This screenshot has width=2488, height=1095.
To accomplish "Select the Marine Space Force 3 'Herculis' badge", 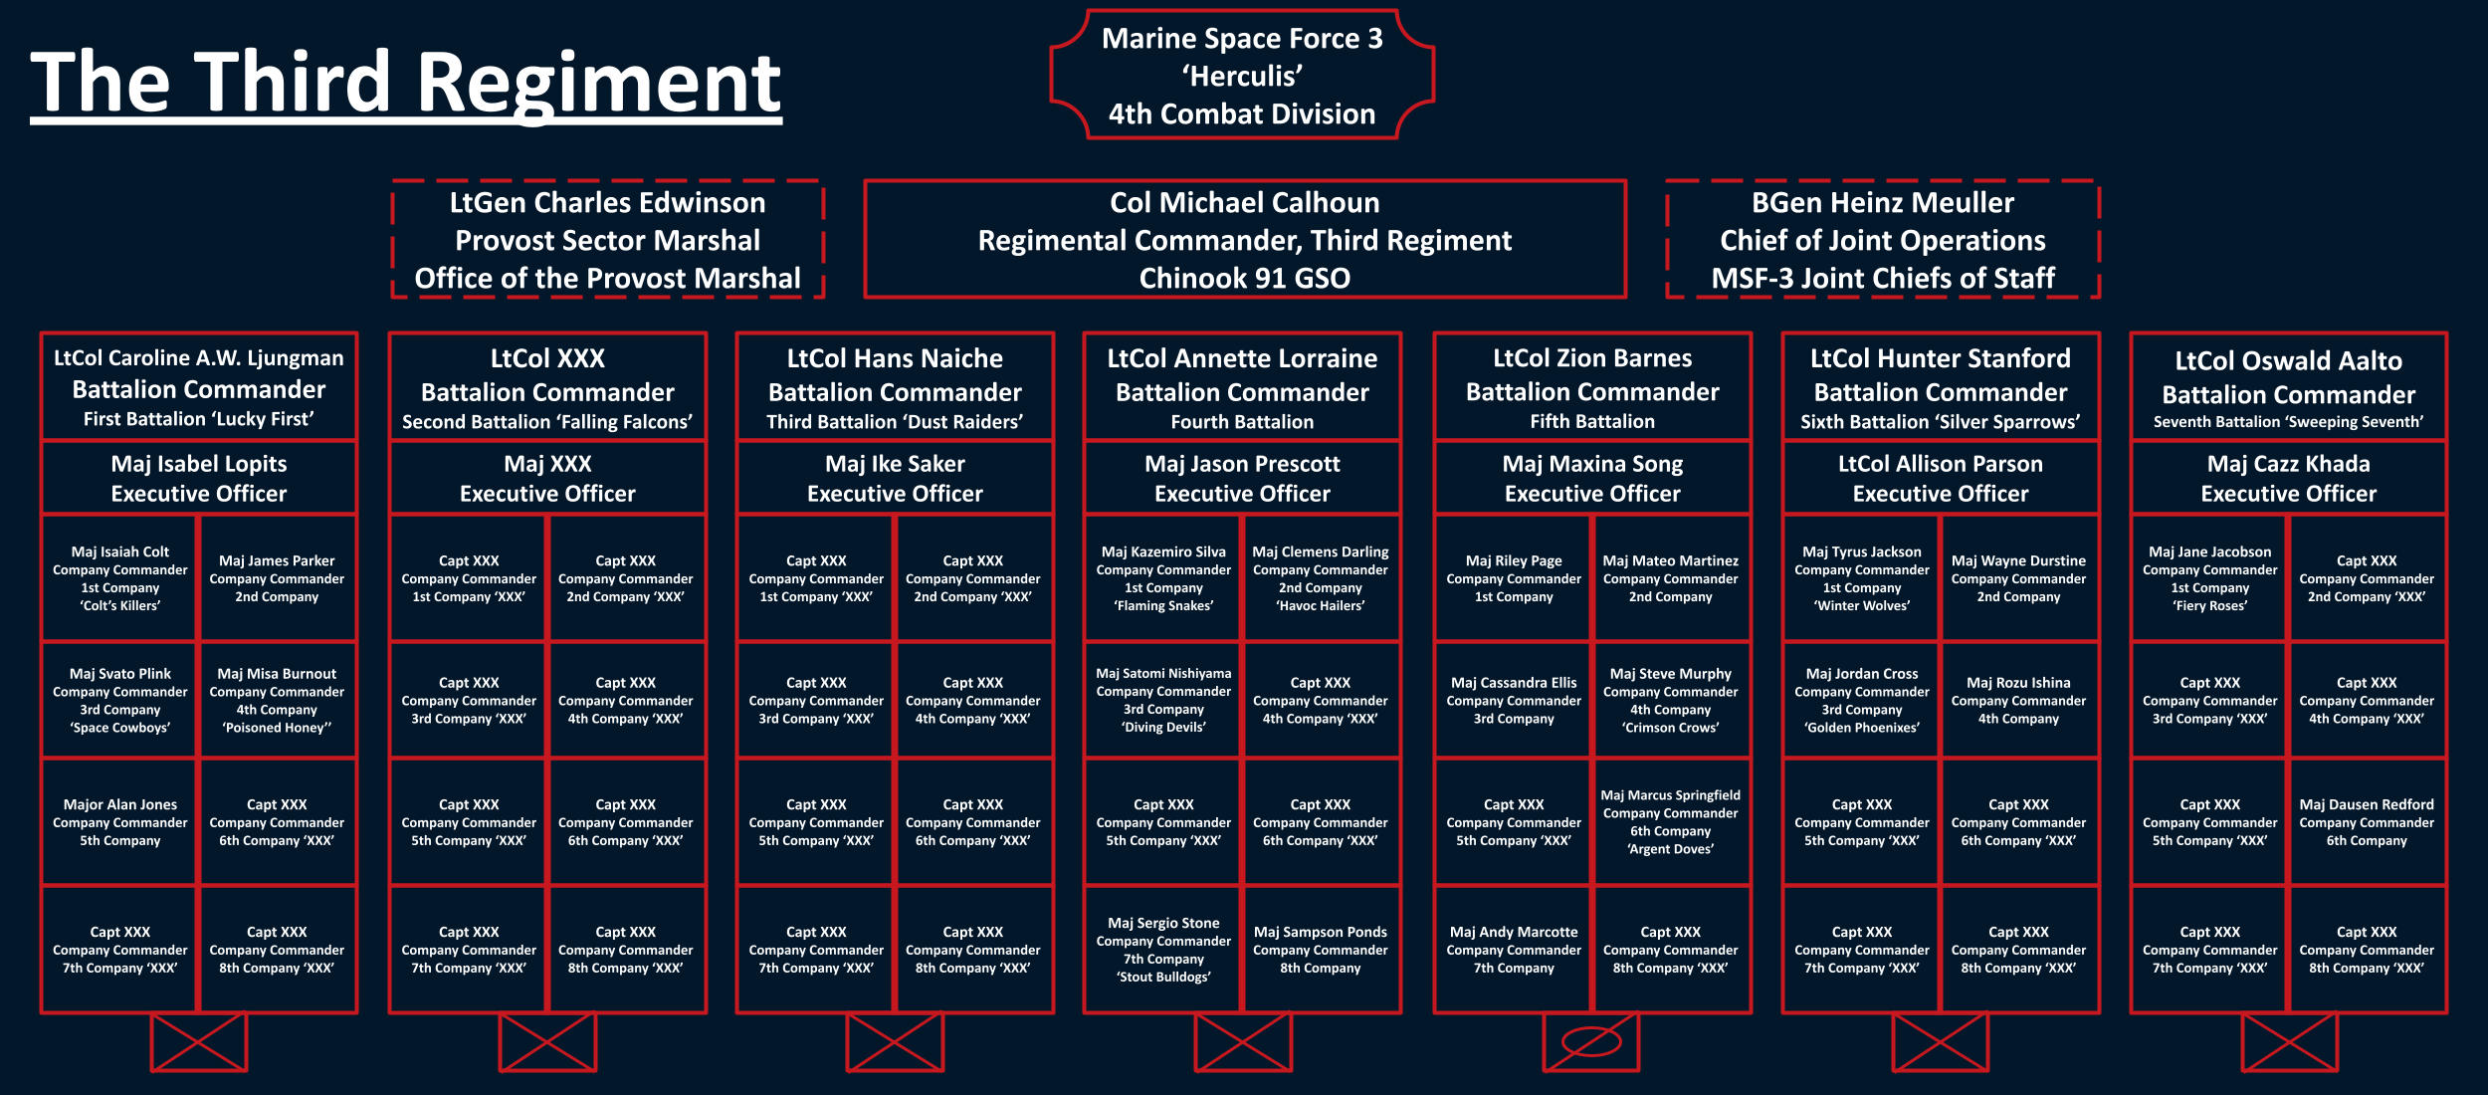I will (1242, 76).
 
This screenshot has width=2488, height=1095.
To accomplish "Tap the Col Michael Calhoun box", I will (1244, 240).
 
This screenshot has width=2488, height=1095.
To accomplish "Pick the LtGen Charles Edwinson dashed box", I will (607, 240).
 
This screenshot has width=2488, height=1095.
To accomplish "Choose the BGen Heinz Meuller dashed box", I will (1882, 240).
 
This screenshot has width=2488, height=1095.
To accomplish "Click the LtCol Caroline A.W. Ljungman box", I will (199, 387).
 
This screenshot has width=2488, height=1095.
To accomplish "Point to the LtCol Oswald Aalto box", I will (2288, 388).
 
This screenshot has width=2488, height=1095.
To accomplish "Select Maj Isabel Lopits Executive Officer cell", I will (199, 478).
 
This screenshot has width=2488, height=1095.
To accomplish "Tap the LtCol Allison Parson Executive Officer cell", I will (1940, 478).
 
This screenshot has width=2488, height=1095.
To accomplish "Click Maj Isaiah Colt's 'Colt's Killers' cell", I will (119, 578).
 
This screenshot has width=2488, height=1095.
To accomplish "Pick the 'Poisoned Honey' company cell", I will (277, 700).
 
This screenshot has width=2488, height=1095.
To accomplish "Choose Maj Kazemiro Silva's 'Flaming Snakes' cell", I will (1163, 578).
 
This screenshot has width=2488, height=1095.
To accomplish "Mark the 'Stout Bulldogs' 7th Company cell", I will (1163, 950).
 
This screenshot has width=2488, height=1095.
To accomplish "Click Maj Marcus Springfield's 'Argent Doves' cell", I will (1670, 822).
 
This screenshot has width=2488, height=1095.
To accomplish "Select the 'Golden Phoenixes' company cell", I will (1861, 700).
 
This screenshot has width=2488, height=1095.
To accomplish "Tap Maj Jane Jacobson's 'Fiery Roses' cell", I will (2209, 578).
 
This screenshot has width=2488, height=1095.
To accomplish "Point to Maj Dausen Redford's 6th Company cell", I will (2367, 822).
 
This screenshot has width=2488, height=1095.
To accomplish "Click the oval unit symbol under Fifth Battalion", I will (1591, 1042).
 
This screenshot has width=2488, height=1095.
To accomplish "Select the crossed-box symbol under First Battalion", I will (199, 1042).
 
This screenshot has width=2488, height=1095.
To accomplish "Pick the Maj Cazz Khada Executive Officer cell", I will (2288, 478).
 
